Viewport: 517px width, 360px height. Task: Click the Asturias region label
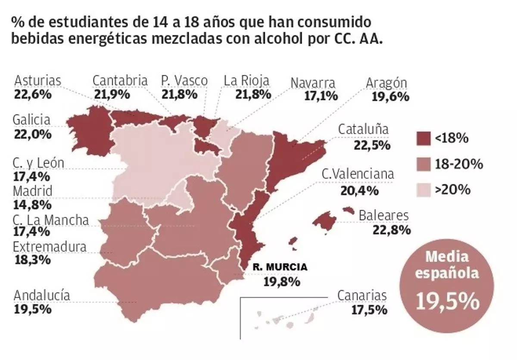point(38,81)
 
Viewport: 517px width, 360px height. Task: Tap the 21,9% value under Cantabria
point(112,94)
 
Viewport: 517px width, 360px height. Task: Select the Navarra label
point(313,83)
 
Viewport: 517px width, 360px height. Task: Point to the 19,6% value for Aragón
point(390,96)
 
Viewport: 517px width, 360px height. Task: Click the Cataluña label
point(363,129)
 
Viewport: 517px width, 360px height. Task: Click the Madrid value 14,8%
point(32,204)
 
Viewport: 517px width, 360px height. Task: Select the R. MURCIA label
point(280,267)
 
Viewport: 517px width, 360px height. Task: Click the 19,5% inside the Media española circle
point(447,301)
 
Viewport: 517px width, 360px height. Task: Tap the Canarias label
point(361,296)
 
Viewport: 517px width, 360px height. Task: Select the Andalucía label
point(42,296)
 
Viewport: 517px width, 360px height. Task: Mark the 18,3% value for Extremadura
point(32,260)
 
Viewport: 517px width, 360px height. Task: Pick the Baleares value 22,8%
point(391,230)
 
